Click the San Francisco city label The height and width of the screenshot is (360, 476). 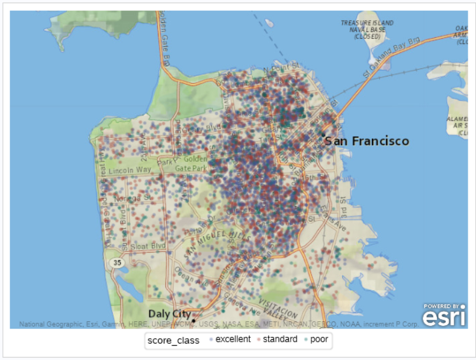click(367, 141)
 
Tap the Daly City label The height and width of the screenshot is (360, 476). click(169, 313)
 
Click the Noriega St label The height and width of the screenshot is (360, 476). click(127, 200)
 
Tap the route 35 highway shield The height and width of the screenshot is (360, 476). click(118, 262)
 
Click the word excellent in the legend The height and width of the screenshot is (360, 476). click(233, 339)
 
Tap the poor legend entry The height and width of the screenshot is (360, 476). click(319, 339)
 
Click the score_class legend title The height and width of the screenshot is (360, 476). click(173, 340)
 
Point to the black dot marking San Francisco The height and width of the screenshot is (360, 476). click(323, 135)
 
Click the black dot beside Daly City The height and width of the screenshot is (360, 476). click(194, 320)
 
